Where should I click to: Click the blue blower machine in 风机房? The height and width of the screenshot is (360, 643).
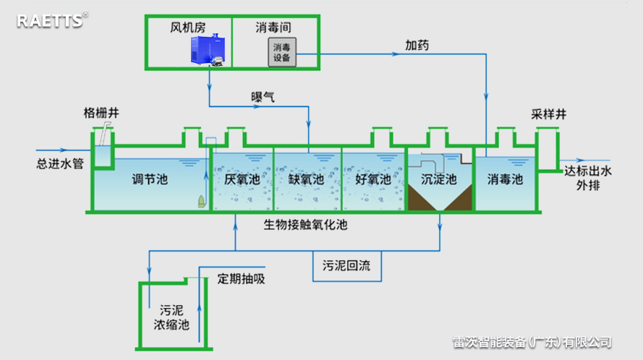point(205,51)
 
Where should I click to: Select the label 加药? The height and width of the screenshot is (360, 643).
point(417,45)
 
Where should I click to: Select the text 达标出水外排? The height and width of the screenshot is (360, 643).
point(588,179)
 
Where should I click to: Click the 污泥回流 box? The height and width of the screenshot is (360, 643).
point(346,265)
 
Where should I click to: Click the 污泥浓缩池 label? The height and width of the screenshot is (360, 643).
point(171,317)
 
